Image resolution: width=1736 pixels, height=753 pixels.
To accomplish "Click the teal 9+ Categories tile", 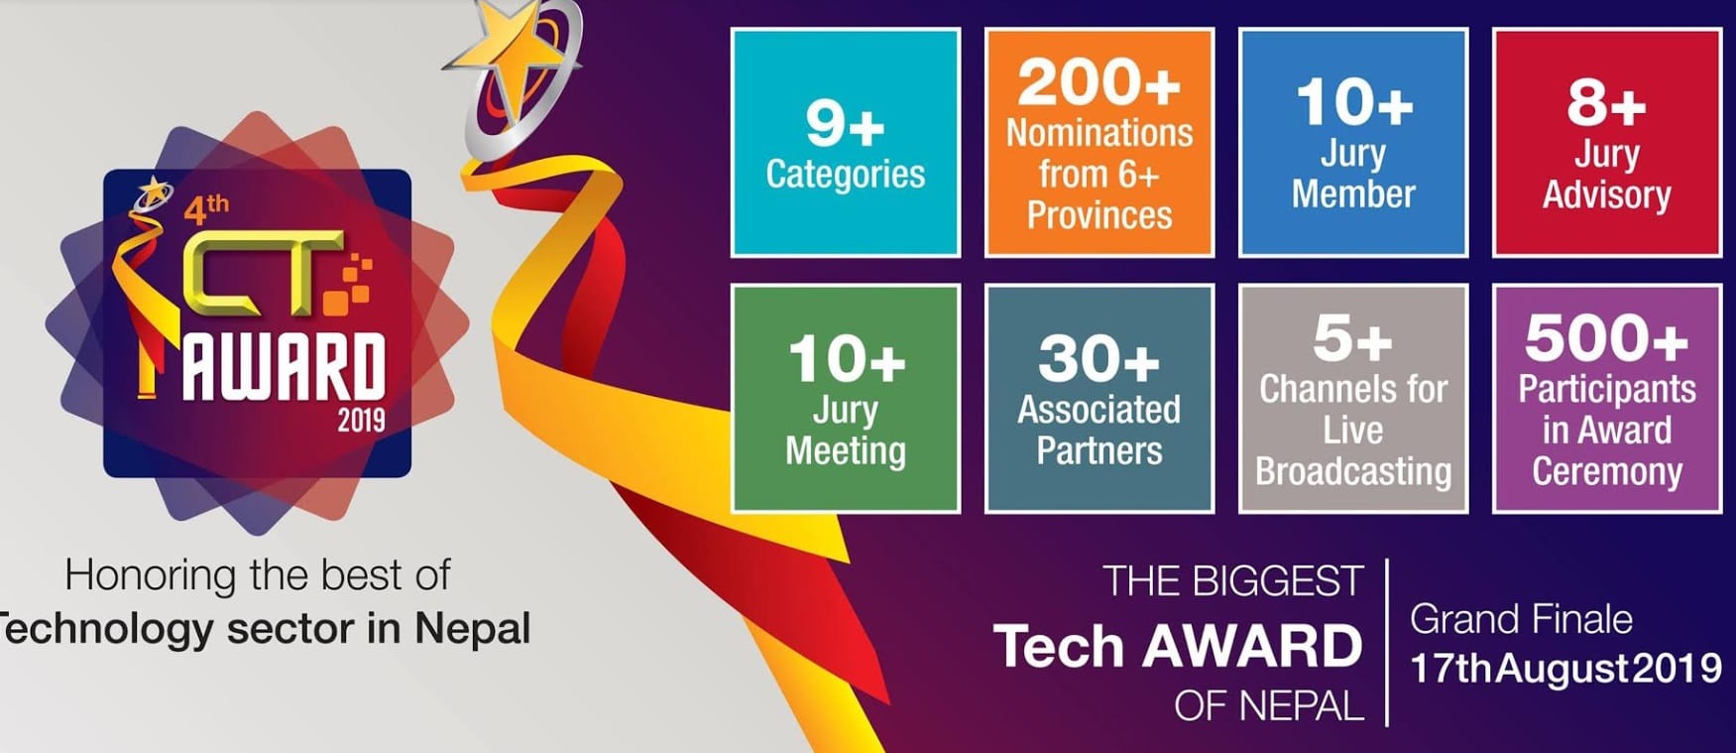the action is (x=846, y=143).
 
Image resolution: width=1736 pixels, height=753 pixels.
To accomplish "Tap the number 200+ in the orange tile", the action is (x=1099, y=82).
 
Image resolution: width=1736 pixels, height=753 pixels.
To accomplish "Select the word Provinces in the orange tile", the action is (x=1099, y=215).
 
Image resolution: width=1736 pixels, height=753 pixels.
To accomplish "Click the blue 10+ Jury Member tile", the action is (x=1353, y=143).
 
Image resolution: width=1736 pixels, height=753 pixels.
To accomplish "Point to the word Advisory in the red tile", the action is (x=1607, y=195).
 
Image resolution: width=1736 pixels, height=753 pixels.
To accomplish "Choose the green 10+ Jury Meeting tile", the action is (x=846, y=399).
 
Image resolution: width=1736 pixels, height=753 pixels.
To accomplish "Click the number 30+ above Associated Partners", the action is (x=1099, y=358).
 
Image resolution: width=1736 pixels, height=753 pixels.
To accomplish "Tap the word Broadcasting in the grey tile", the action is (x=1353, y=471).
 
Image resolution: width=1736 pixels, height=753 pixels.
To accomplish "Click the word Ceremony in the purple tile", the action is (x=1607, y=471).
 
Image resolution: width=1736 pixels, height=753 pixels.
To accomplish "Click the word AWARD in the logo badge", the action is (x=284, y=368).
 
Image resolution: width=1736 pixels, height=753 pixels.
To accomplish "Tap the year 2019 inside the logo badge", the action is (x=361, y=421).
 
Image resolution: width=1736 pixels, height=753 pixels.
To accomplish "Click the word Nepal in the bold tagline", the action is (x=472, y=629).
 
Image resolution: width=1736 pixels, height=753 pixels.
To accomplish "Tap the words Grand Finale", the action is (x=1521, y=619).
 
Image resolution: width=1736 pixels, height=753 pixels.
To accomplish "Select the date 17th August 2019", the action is (x=1565, y=669).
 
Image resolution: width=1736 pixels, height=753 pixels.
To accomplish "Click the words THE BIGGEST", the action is (x=1233, y=581).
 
